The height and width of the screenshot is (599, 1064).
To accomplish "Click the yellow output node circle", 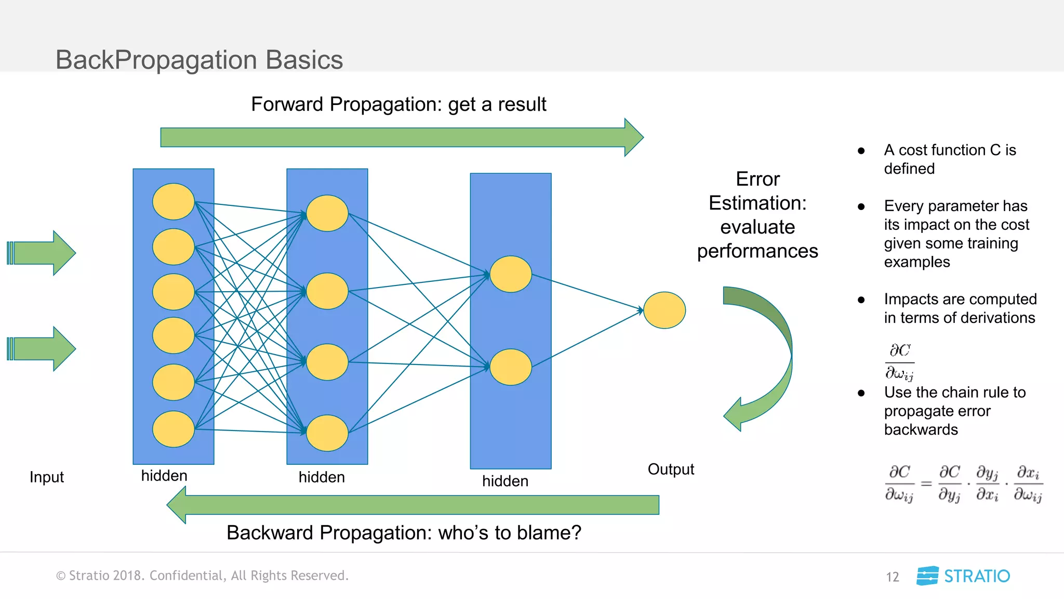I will click(x=664, y=310).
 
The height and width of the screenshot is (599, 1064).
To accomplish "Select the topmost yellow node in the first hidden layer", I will click(x=173, y=202).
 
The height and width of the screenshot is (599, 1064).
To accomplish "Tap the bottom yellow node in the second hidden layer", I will click(x=327, y=433).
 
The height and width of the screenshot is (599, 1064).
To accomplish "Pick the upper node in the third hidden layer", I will click(x=510, y=274).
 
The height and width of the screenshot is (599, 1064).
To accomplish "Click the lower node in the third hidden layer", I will click(x=510, y=367).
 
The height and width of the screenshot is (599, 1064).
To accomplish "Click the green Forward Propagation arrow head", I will click(x=634, y=137).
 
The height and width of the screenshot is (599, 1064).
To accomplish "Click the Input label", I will click(x=47, y=477).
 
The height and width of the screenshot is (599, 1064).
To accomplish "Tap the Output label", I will click(x=670, y=469).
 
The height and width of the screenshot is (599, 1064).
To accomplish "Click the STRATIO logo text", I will click(x=976, y=576).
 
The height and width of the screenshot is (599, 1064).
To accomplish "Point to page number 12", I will click(x=892, y=577).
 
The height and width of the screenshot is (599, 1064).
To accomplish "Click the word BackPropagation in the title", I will click(x=156, y=60).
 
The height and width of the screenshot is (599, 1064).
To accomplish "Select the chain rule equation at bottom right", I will click(x=964, y=484).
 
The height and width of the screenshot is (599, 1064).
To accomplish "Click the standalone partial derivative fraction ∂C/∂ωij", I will click(x=899, y=361).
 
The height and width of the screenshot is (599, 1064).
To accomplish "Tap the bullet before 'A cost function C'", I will click(x=861, y=151).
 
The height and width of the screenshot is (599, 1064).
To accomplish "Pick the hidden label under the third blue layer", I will click(x=505, y=481).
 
